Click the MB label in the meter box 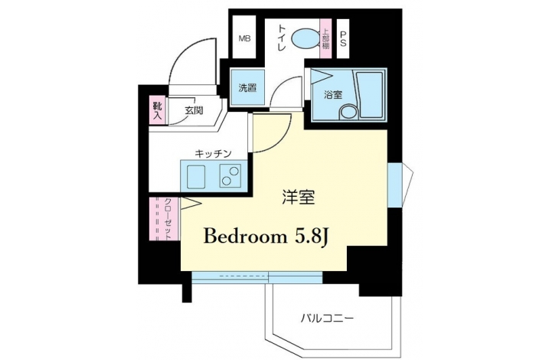pos(244,38)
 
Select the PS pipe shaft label pos(343,39)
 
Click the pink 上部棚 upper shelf pos(326,38)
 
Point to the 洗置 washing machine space pos(248,87)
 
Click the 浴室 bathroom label pos(333,95)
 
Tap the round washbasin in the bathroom pos(348,112)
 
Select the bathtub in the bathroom pos(370,95)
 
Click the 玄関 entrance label pos(194,110)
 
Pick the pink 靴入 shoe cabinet pos(158,110)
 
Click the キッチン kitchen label pos(213,154)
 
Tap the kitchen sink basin pos(196,177)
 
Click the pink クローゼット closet pos(165,218)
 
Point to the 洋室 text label pos(299,197)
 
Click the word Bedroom pos(245,236)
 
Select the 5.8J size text pos(310,237)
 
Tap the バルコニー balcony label pos(327,318)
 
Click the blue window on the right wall pos(394,185)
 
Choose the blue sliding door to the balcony pos(257,277)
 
